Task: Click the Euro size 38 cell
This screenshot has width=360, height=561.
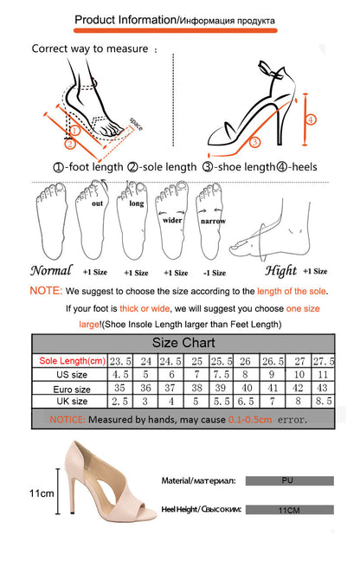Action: click(196, 388)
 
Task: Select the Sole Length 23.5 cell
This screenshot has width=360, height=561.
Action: click(120, 361)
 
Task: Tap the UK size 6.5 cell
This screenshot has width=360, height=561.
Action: click(246, 402)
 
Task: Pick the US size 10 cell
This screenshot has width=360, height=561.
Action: click(299, 375)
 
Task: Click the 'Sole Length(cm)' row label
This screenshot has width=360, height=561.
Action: click(72, 361)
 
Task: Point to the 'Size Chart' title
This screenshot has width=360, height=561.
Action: click(183, 343)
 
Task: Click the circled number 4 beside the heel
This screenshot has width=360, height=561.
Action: click(311, 119)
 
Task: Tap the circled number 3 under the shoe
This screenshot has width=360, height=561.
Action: click(254, 142)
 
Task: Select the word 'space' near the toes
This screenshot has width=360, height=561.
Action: click(136, 124)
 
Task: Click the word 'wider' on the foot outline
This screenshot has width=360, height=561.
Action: click(172, 220)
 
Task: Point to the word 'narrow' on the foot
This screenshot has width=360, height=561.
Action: click(213, 221)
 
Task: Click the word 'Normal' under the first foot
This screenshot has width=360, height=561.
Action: click(51, 270)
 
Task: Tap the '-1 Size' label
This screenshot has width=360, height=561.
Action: click(215, 273)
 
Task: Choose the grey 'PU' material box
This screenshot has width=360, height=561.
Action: click(290, 480)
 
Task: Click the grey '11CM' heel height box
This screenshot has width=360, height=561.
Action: click(290, 510)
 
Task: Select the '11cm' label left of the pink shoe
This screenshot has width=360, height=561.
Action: click(42, 493)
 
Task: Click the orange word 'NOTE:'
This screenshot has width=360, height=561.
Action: click(46, 291)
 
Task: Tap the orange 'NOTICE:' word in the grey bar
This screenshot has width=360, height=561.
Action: click(67, 419)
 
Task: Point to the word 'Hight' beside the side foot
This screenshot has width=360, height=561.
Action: click(281, 271)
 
